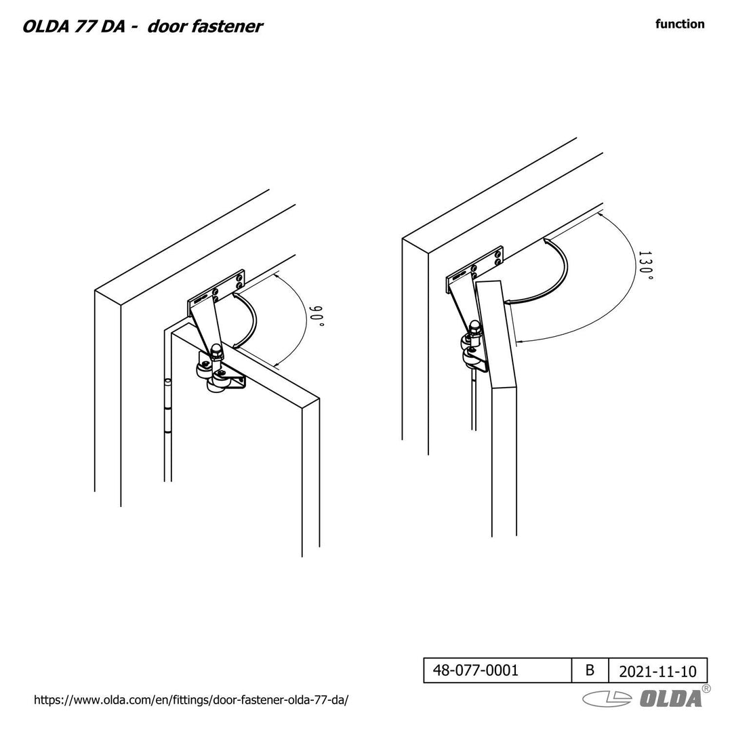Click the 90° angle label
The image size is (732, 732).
click(x=317, y=316)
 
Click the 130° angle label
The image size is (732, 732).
click(x=646, y=265)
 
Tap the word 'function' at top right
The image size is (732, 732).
click(x=680, y=24)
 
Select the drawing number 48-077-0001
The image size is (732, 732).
click(x=475, y=670)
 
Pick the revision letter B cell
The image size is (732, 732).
click(x=590, y=670)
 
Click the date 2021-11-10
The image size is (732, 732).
click(x=657, y=671)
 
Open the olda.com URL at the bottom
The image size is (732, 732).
click(x=191, y=699)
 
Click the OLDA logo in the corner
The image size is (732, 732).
click(x=646, y=697)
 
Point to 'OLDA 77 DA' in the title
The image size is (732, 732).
click(x=74, y=26)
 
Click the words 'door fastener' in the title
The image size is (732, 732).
click(x=205, y=26)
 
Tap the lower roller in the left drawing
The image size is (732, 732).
click(x=216, y=384)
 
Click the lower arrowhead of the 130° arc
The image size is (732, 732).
click(x=520, y=342)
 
